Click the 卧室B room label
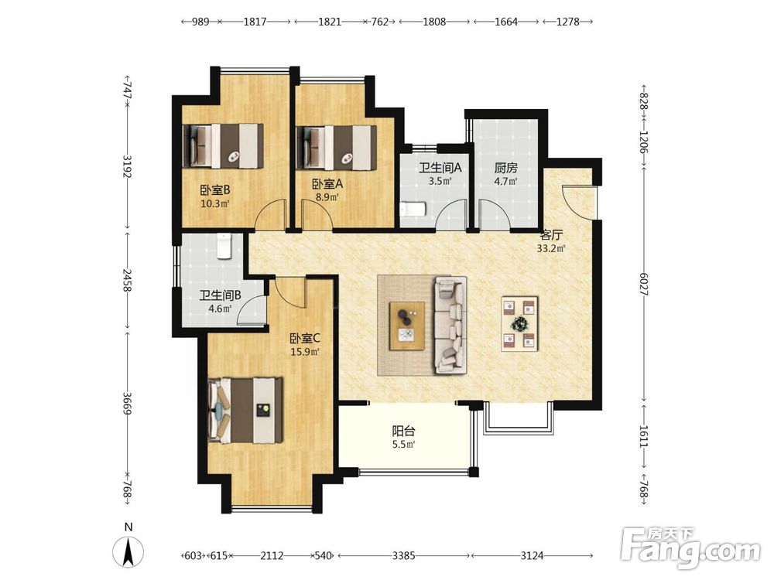coord(214,190)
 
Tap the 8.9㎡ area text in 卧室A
coord(327,197)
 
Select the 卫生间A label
coord(440,168)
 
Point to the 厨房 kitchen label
coord(506,168)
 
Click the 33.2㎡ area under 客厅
coord(551,248)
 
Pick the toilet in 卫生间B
coord(224,246)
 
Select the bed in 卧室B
coord(223,145)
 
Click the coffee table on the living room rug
coord(407,326)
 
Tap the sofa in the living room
coord(450,325)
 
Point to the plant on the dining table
coord(519,324)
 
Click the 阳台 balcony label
coord(403,431)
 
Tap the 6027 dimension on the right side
coord(644,285)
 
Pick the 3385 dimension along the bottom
coord(403,556)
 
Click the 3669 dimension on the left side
coord(128,404)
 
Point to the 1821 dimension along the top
coord(329,22)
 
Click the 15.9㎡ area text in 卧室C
coord(305,352)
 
